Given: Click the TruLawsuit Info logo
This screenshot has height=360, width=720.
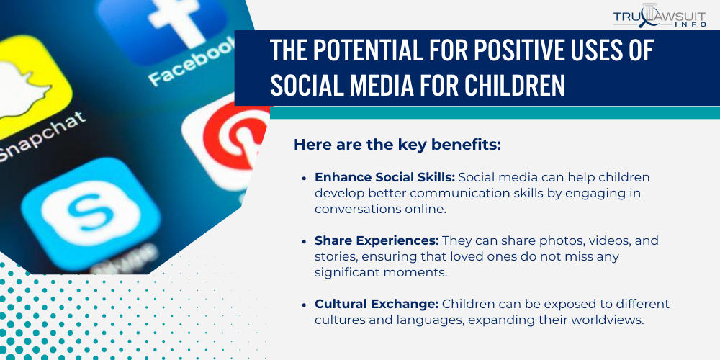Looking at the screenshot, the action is tap(660, 16).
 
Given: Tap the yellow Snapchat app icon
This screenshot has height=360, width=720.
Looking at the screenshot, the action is tap(27, 86).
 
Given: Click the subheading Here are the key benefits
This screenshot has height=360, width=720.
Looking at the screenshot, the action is tap(397, 145).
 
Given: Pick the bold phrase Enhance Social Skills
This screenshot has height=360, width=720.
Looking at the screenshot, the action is tap(384, 178).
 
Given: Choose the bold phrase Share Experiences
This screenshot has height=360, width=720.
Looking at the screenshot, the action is tap(377, 240).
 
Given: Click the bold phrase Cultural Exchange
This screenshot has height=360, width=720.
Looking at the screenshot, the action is tap(377, 304).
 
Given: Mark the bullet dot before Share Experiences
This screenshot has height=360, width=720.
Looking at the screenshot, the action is tap(304, 241).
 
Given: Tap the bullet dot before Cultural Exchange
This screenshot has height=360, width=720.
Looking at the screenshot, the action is tap(304, 304).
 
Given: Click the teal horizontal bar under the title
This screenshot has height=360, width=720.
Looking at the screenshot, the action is tap(495, 112).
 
